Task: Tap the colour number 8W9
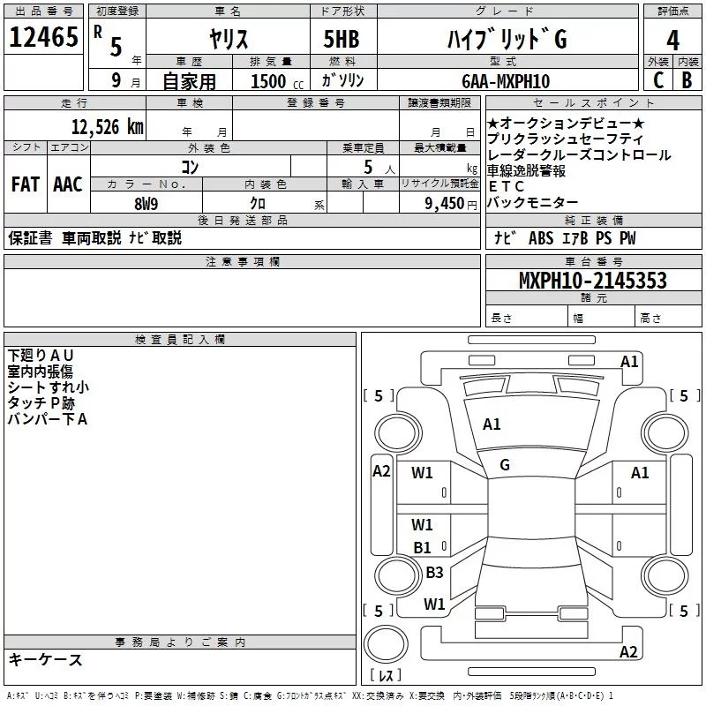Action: coord(146,203)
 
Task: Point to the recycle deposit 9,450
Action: coord(437,203)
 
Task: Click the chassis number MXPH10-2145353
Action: coord(592,281)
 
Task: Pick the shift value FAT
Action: coord(26,184)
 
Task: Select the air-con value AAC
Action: coord(68,184)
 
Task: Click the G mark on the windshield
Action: coord(505,465)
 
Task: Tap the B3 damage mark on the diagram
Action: coord(434,572)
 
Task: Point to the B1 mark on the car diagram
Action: coord(423,547)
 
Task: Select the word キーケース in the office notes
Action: coord(45,659)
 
